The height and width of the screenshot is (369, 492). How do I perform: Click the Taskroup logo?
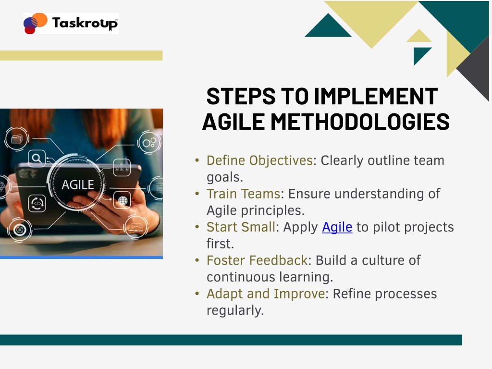tap(71, 23)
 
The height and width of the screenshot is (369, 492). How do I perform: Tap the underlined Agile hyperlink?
tap(337, 227)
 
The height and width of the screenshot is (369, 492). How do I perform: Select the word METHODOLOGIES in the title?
tap(360, 122)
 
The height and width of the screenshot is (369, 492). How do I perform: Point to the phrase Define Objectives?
tap(259, 160)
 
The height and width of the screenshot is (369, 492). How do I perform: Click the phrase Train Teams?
tap(243, 194)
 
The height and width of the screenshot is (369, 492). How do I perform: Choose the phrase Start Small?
tap(241, 227)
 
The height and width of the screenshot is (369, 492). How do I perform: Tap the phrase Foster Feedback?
tap(257, 260)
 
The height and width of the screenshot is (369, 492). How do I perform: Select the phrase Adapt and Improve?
tap(265, 294)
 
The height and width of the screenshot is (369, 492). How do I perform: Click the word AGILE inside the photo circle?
tap(77, 185)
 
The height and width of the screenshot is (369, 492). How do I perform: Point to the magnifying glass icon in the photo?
tap(37, 158)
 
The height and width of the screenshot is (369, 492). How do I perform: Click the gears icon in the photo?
tap(149, 143)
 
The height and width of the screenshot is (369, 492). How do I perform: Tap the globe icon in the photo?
tap(123, 200)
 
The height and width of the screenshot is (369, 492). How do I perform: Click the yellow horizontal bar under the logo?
tap(81, 55)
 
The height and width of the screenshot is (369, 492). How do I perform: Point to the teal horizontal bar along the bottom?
tap(231, 340)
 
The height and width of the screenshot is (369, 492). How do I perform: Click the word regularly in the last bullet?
tap(235, 311)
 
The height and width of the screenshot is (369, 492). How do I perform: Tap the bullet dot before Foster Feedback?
tap(197, 260)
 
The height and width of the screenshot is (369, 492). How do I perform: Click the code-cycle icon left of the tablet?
tap(37, 203)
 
